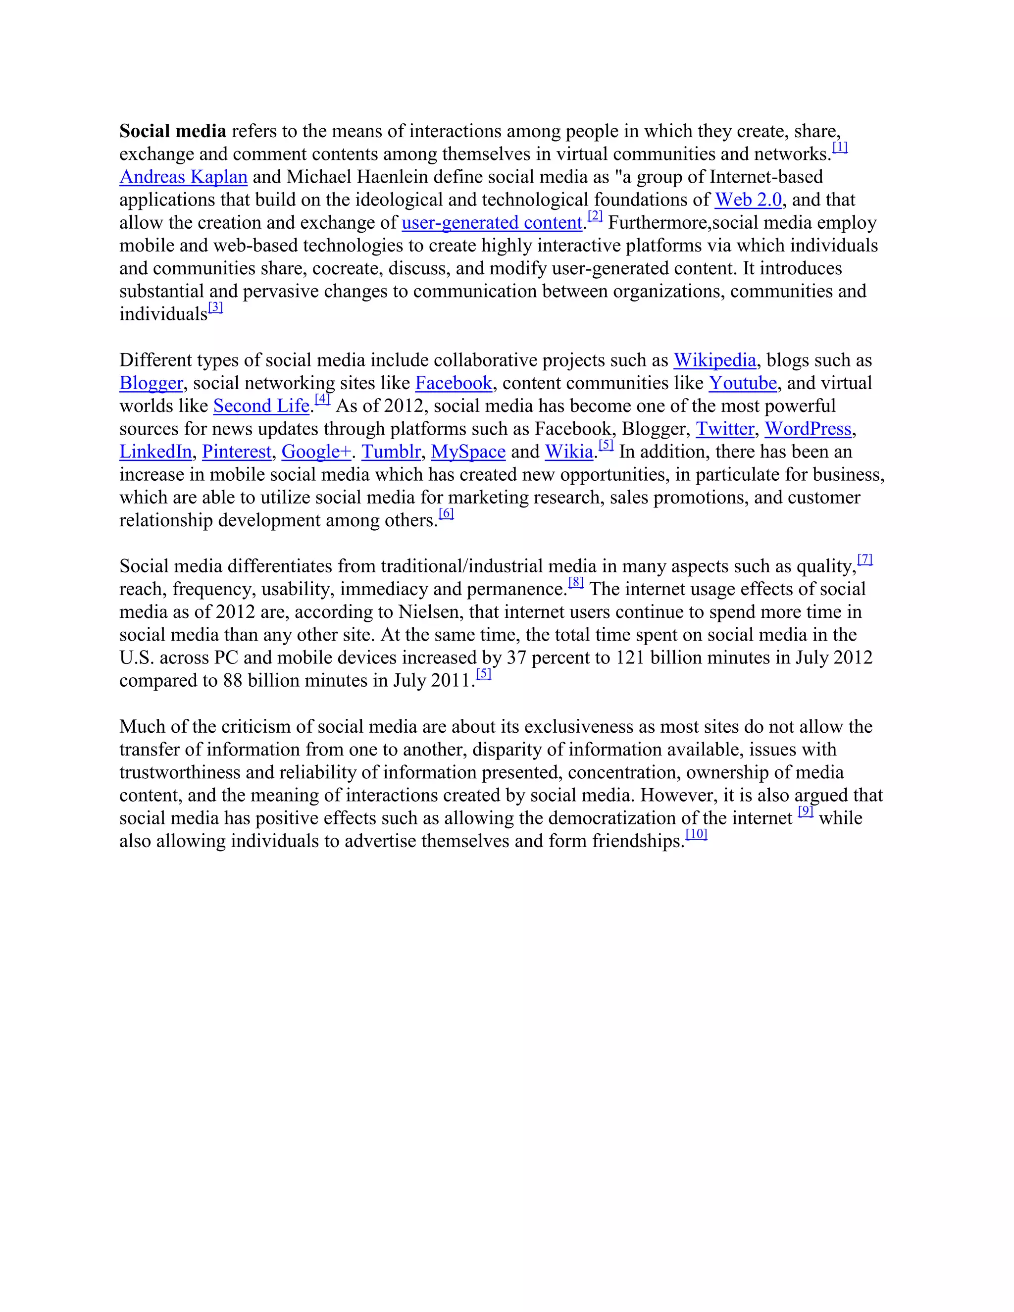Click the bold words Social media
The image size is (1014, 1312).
(x=172, y=131)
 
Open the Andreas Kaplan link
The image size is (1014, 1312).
(x=183, y=177)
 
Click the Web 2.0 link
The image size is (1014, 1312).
(x=749, y=200)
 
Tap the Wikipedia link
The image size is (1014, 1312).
(x=714, y=360)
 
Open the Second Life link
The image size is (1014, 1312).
(x=261, y=406)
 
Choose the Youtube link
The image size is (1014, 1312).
(x=743, y=383)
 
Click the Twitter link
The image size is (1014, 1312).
(x=724, y=429)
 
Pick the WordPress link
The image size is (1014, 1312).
(x=808, y=429)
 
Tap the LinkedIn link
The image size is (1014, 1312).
(x=155, y=452)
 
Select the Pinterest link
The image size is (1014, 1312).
(x=237, y=452)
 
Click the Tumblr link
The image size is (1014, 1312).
(x=391, y=452)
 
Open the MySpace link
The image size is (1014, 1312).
(x=468, y=452)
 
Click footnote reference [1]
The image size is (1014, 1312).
(x=840, y=147)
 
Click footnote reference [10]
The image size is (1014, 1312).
(x=696, y=834)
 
